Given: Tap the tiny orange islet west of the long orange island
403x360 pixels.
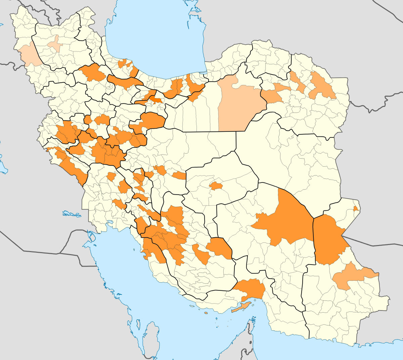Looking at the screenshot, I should tap(206, 313).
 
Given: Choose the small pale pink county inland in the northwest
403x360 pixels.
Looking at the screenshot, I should tap(54, 45).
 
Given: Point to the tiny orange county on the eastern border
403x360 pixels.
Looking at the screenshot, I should tap(355, 208).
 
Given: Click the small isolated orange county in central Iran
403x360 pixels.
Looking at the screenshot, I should tap(216, 186).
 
